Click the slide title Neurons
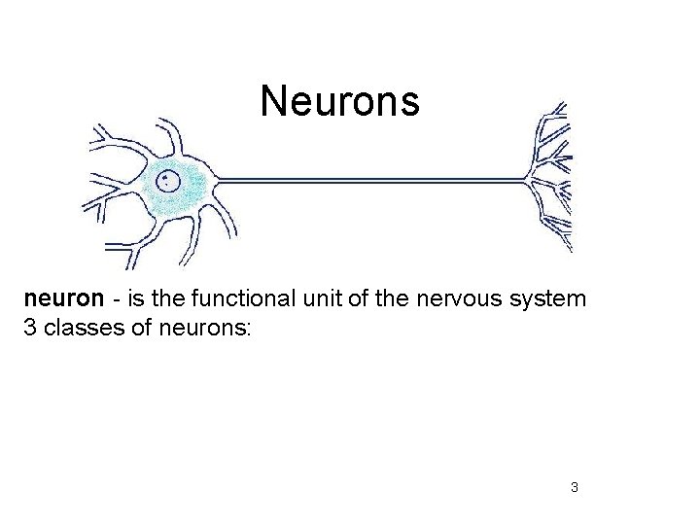pyautogui.click(x=339, y=100)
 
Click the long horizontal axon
pyautogui.click(x=369, y=179)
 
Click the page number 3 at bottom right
pyautogui.click(x=574, y=486)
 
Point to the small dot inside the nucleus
pyautogui.click(x=166, y=179)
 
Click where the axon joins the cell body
pyautogui.click(x=216, y=179)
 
